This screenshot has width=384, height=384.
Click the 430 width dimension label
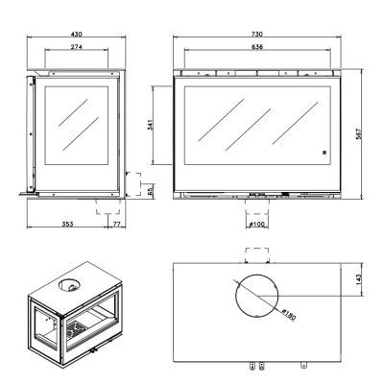click(x=77, y=34)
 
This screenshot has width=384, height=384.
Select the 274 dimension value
click(x=77, y=47)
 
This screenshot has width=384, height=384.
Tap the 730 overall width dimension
click(x=256, y=34)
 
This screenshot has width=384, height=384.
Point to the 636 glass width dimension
click(x=257, y=47)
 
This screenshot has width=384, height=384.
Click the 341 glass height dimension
click(x=150, y=125)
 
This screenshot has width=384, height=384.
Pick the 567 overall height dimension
click(x=359, y=134)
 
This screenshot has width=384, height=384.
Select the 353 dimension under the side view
click(x=67, y=224)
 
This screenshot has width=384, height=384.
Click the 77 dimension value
click(x=116, y=224)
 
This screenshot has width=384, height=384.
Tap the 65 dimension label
click(x=151, y=191)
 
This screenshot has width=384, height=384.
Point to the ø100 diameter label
click(x=257, y=225)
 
